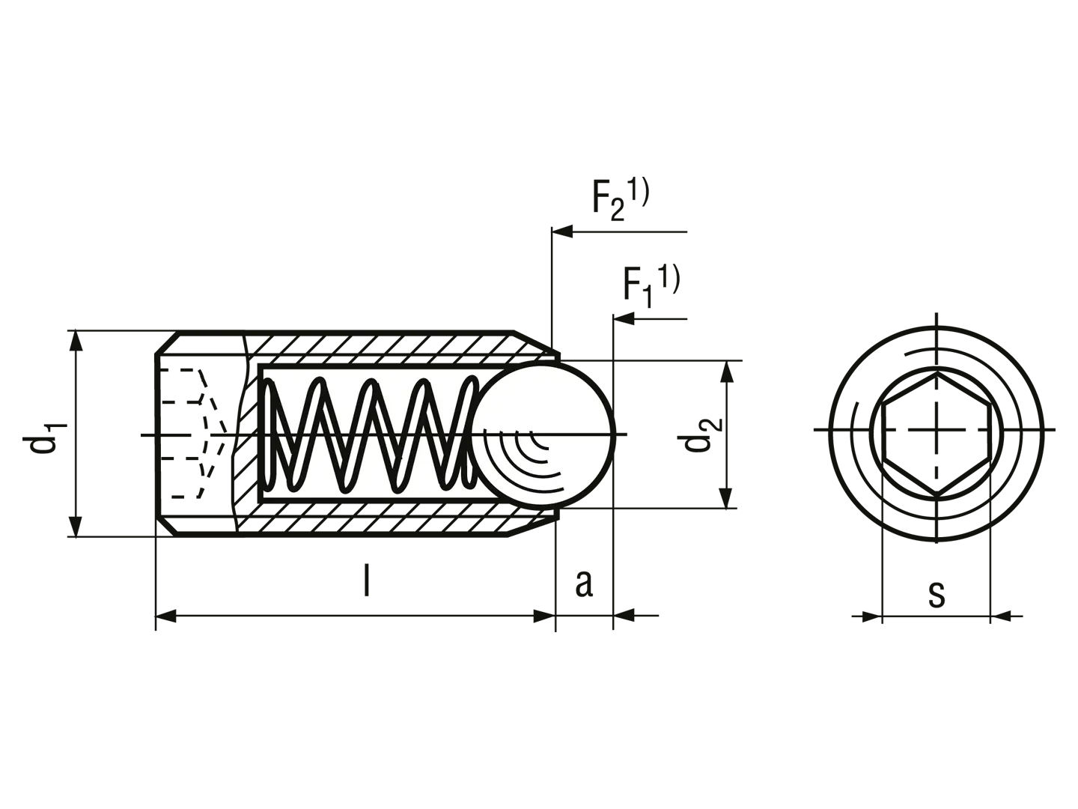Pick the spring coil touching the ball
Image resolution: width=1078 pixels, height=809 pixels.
[468, 434]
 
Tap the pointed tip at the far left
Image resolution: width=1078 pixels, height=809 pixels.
[20, 434]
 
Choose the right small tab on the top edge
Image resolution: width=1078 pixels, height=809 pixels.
[637, 178]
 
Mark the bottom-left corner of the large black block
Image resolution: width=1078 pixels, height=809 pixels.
[151, 633]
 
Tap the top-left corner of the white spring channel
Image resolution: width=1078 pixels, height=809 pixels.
[265, 370]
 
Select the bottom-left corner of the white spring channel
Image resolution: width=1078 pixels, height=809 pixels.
[265, 495]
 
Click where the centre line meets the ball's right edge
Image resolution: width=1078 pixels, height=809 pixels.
[612, 434]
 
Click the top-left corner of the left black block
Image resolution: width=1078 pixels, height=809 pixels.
[70, 327]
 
